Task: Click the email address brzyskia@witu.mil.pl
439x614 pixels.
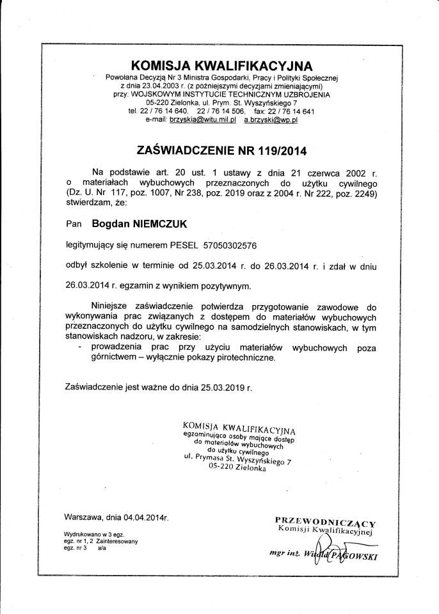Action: point(194,119)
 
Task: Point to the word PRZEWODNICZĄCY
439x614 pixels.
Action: point(325,521)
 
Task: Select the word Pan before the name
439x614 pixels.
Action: point(74,224)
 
